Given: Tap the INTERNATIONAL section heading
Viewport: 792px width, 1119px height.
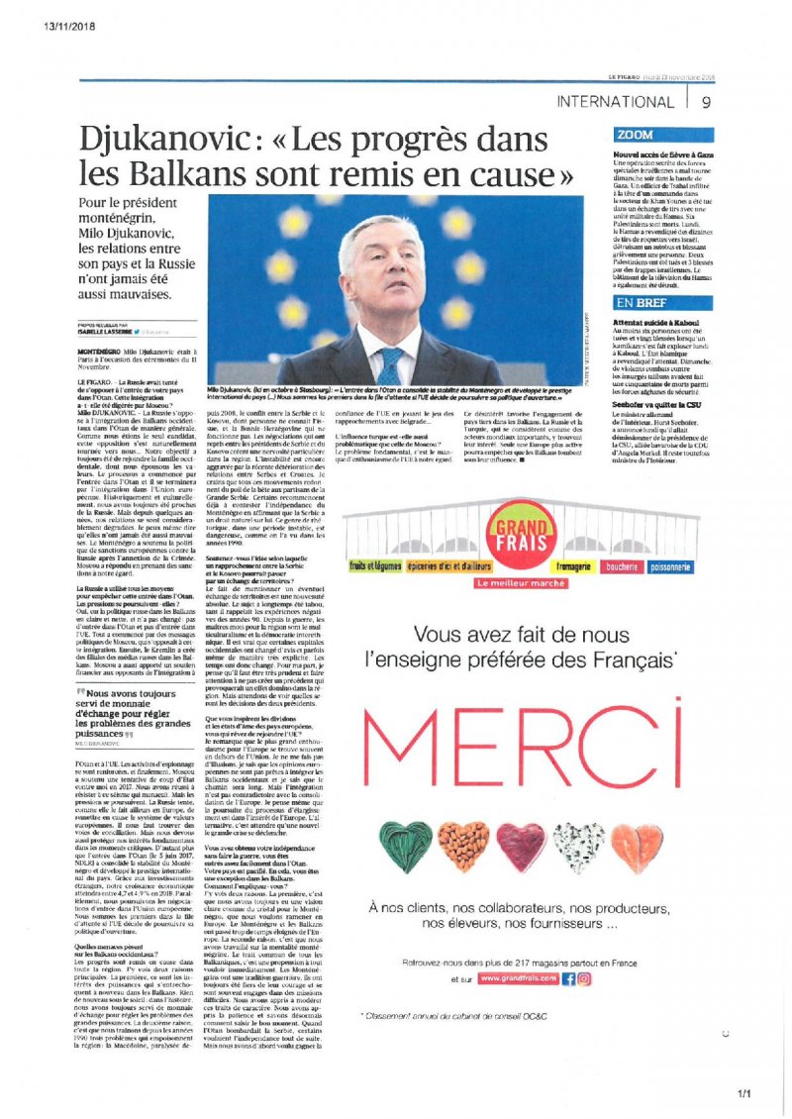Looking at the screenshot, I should [616, 101].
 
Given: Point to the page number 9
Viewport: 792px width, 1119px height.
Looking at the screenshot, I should [706, 101].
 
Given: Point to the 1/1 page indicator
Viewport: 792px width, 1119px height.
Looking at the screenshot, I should [744, 1092].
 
